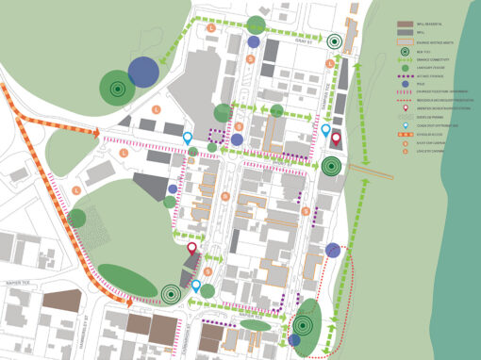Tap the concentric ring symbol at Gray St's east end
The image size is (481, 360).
coord(335,41)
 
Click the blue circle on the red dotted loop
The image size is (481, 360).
coord(333,251)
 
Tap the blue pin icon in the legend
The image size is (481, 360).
coord(404,125)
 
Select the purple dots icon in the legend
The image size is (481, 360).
coord(404,74)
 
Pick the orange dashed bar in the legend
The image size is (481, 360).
coord(404,135)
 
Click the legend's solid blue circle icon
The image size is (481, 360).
coord(404,83)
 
